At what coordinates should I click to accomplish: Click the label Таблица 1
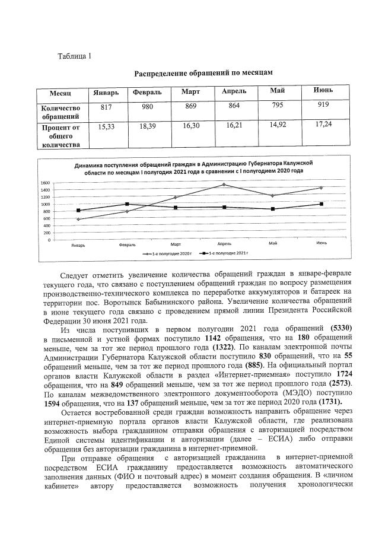pyautogui.click(x=74, y=56)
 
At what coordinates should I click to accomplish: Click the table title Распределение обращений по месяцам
pyautogui.click(x=203, y=72)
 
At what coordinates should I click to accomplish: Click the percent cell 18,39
pyautogui.click(x=148, y=126)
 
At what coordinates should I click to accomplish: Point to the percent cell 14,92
pyautogui.click(x=277, y=125)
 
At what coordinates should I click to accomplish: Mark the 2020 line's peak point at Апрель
pyautogui.click(x=224, y=185)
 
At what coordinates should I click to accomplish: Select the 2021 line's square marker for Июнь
pyautogui.click(x=321, y=204)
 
